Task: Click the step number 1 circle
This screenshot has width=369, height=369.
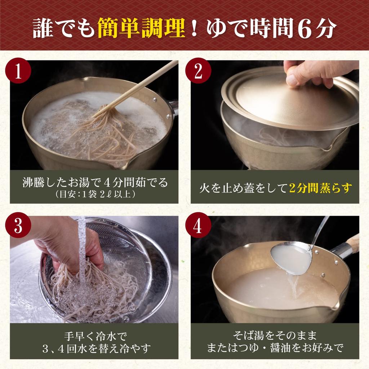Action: click(18, 71)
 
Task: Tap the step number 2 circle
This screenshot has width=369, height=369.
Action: click(198, 71)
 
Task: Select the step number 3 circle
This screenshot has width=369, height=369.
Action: click(18, 225)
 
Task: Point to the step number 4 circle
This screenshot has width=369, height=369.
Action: click(198, 225)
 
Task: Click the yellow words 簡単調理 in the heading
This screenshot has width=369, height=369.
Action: click(141, 28)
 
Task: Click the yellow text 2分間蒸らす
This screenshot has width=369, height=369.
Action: click(320, 188)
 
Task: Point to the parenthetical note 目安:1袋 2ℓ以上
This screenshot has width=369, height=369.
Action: click(95, 194)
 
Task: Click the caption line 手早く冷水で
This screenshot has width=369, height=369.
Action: click(95, 336)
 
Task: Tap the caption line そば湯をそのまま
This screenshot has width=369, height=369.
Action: click(275, 335)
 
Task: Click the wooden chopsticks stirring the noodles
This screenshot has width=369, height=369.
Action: click(135, 89)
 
